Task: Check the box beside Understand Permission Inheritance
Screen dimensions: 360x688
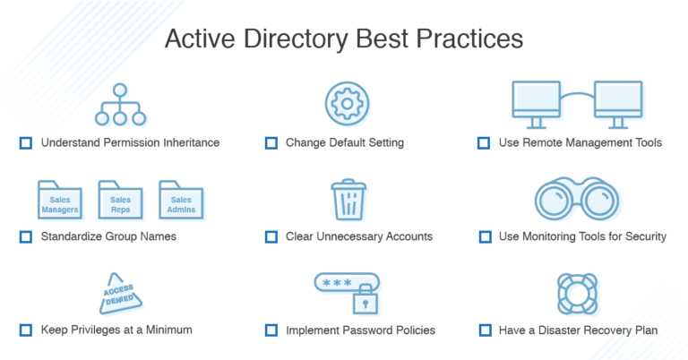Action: [x=25, y=142]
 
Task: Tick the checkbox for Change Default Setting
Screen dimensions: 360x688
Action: [x=271, y=142]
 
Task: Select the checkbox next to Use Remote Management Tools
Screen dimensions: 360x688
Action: [x=484, y=142]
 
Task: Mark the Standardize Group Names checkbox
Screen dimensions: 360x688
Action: [x=25, y=237]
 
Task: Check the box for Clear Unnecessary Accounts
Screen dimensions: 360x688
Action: [x=271, y=237]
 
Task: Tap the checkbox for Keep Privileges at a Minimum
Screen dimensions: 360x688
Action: [x=25, y=330]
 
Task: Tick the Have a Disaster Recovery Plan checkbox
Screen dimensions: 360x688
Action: [x=484, y=330]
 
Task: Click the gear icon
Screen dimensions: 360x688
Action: [x=344, y=103]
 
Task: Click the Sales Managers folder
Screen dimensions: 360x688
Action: [x=60, y=201]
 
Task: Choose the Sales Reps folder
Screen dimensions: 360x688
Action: [x=120, y=201]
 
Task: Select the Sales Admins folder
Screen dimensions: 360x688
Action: [x=181, y=201]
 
